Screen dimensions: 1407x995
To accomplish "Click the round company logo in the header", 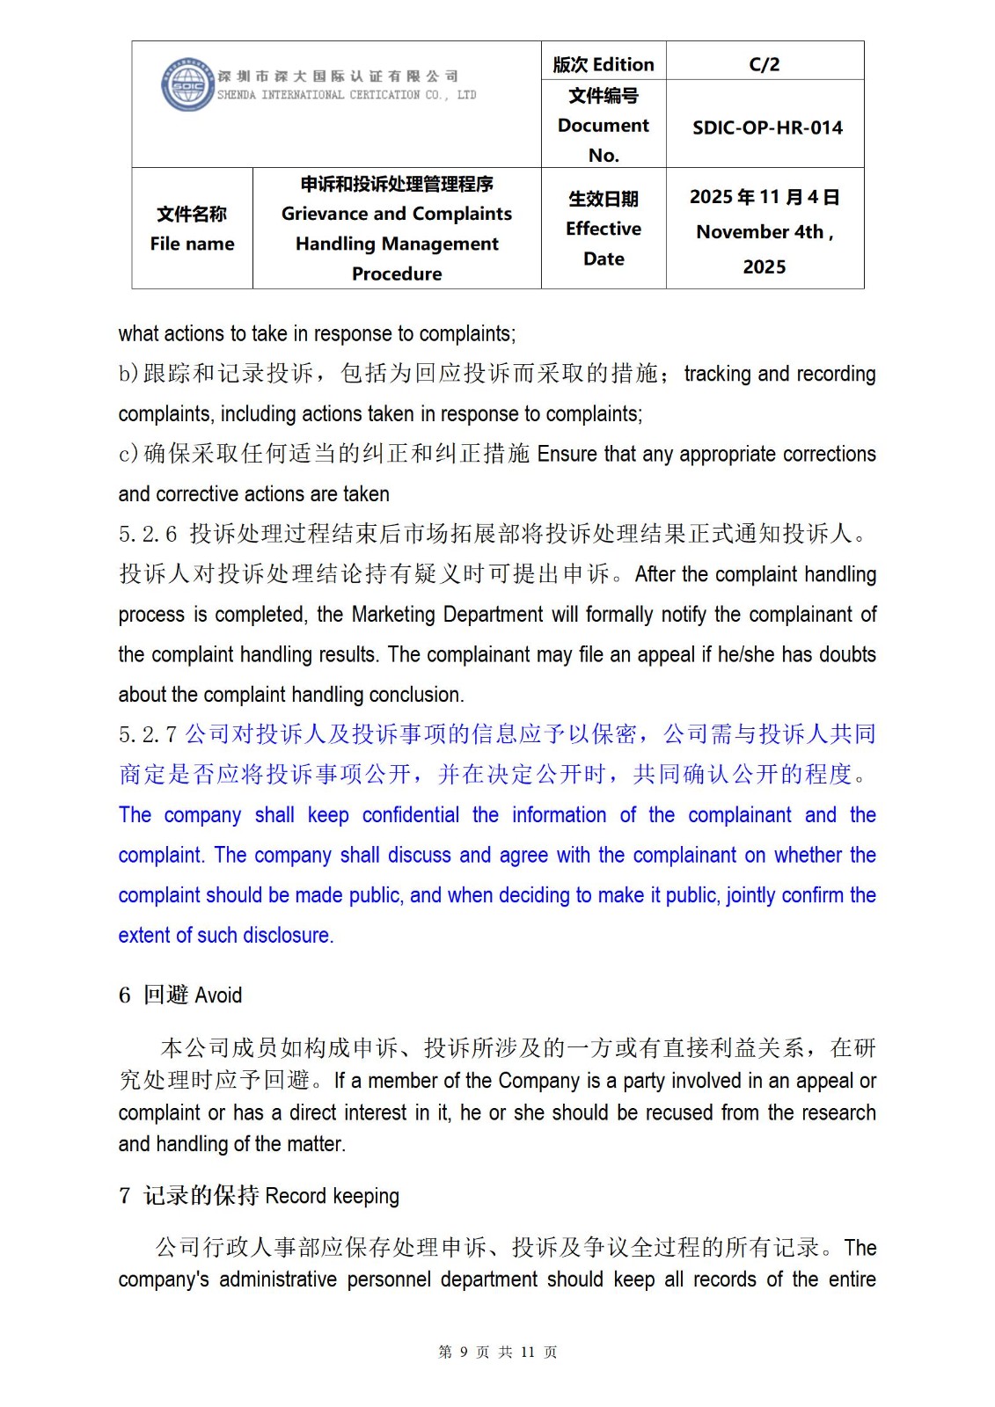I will click(x=187, y=85).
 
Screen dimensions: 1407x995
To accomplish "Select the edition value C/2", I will click(x=764, y=64).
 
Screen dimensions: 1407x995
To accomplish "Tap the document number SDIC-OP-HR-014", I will click(x=767, y=128).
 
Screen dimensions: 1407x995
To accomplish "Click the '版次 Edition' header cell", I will click(x=604, y=64).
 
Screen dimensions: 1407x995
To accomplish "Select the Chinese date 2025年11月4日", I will click(x=764, y=197).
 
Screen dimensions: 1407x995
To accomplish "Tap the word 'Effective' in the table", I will click(x=604, y=229).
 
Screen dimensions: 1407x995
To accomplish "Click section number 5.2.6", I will click(x=148, y=534).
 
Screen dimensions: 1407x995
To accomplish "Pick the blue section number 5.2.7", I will click(x=148, y=734).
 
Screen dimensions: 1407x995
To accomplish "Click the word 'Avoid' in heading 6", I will click(x=218, y=995).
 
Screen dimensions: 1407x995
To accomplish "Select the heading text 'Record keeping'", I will click(x=332, y=1196).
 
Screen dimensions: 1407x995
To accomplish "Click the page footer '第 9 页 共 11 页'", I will click(x=497, y=1352).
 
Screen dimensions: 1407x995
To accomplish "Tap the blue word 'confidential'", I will click(x=410, y=815).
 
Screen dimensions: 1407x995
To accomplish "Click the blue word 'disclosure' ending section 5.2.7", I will click(x=287, y=936).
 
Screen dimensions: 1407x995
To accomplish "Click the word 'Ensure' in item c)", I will click(x=567, y=454).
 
